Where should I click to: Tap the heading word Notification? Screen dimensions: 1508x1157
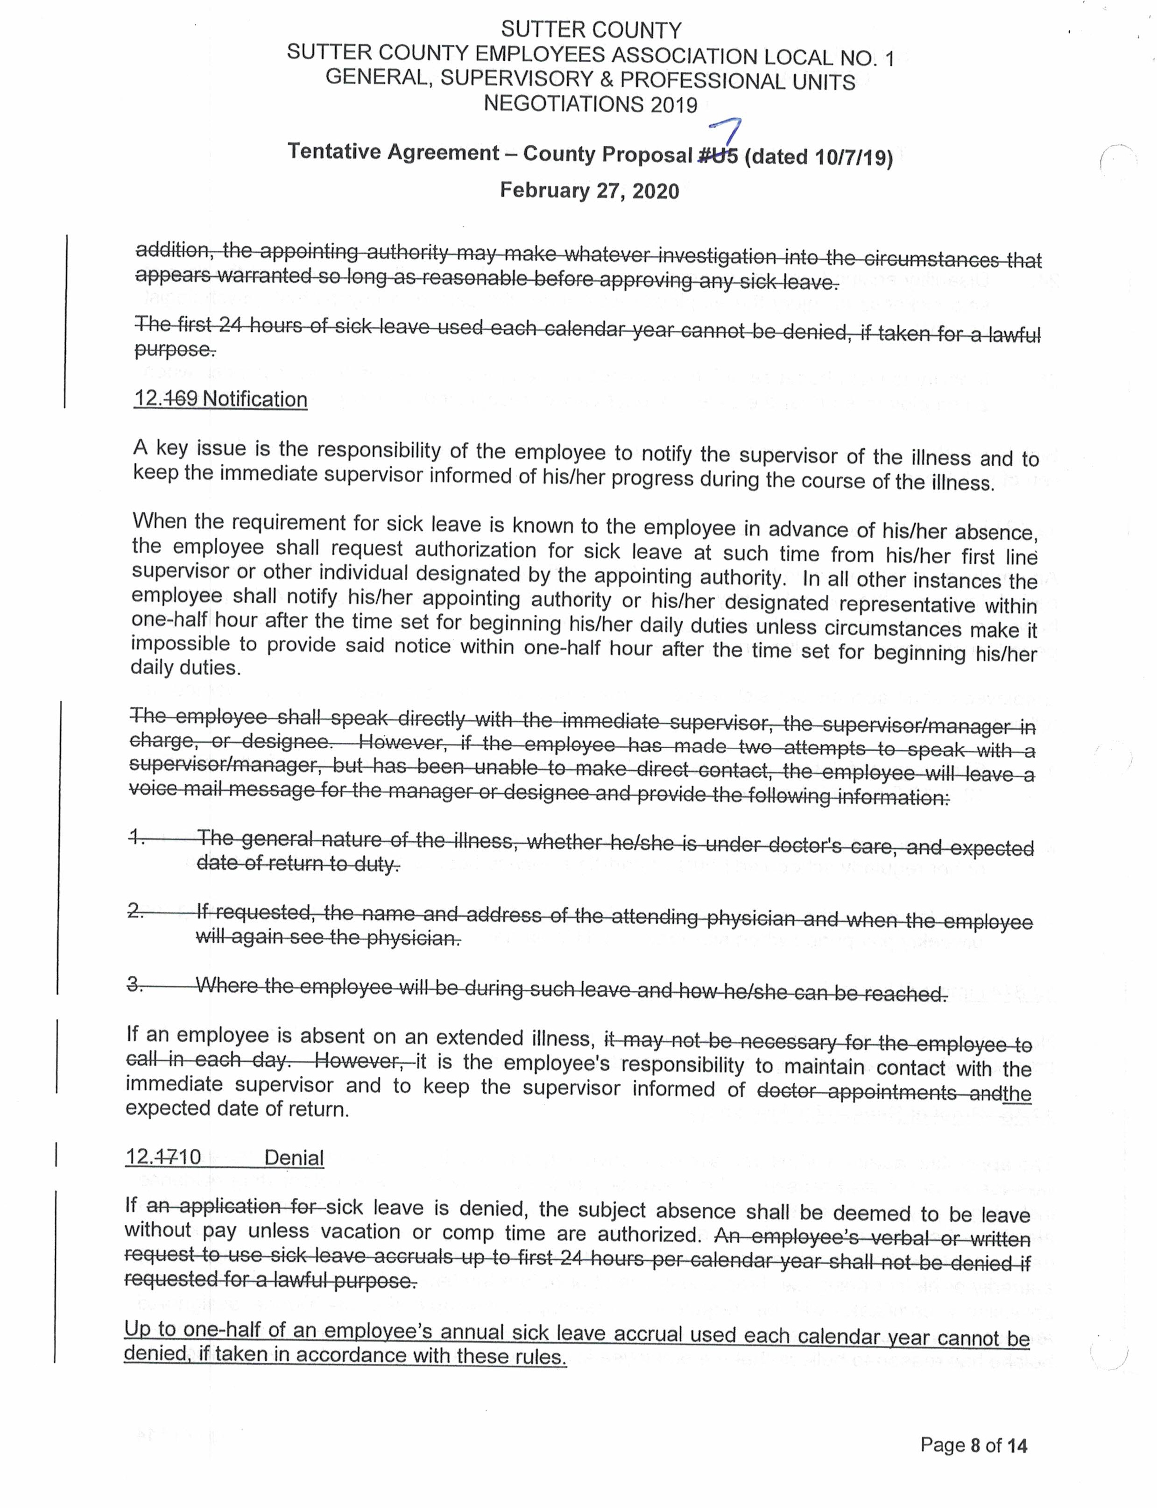click(x=255, y=399)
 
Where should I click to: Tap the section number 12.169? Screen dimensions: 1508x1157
click(x=166, y=398)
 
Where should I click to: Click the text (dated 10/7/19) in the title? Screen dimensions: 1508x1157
click(x=818, y=157)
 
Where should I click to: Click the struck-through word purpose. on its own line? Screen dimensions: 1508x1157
click(x=175, y=349)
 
